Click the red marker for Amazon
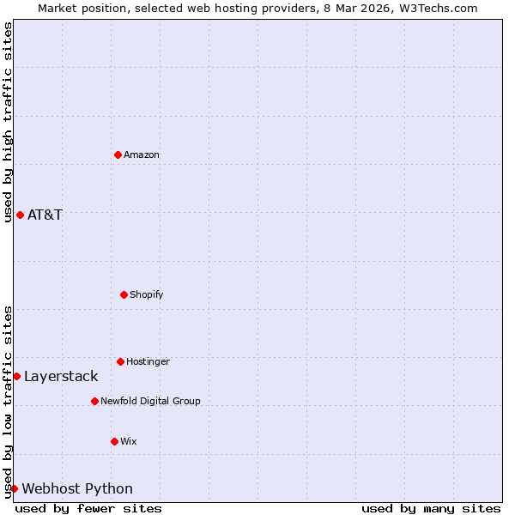(118, 154)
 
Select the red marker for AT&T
(20, 215)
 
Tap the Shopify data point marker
(124, 294)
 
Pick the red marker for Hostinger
(120, 361)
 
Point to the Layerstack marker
(16, 376)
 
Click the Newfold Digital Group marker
(94, 401)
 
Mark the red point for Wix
(114, 441)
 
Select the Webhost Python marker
(14, 488)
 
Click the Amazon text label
(142, 155)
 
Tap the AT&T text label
(45, 215)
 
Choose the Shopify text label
(147, 295)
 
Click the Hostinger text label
(148, 362)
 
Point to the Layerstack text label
(61, 377)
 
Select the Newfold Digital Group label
(150, 402)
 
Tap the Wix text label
(129, 442)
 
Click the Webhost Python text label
(77, 489)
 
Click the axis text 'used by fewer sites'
(88, 508)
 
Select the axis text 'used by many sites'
(431, 508)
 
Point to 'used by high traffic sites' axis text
(8, 122)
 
